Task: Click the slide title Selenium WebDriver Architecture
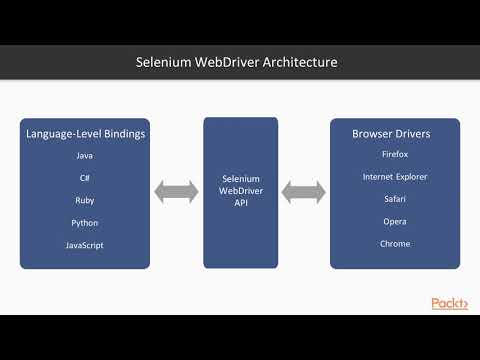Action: pyautogui.click(x=237, y=62)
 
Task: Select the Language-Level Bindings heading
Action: pyautogui.click(x=85, y=133)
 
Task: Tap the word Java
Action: pyautogui.click(x=85, y=155)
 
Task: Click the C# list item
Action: pyautogui.click(x=85, y=177)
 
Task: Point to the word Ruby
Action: pyautogui.click(x=85, y=200)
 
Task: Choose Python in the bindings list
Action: pyautogui.click(x=85, y=222)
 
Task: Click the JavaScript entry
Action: pyautogui.click(x=85, y=244)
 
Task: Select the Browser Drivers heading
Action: pyautogui.click(x=394, y=133)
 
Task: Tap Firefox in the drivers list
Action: pyautogui.click(x=394, y=155)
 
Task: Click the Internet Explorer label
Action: pyautogui.click(x=394, y=177)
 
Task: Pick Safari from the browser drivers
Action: pyautogui.click(x=394, y=200)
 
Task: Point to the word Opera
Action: pyautogui.click(x=394, y=222)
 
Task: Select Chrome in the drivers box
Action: pyautogui.click(x=394, y=244)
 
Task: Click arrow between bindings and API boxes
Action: pyautogui.click(x=176, y=190)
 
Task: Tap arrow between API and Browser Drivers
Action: pyautogui.click(x=304, y=190)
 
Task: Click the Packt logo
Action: pyautogui.click(x=449, y=303)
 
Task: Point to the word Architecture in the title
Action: pyautogui.click(x=299, y=62)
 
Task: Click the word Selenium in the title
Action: pyautogui.click(x=163, y=62)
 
